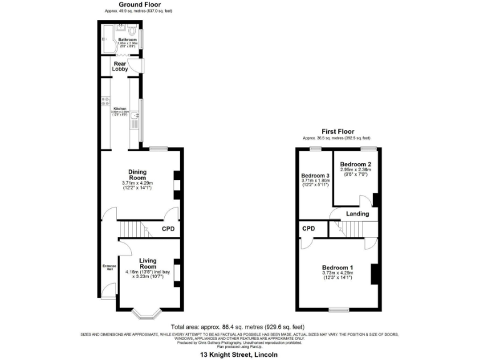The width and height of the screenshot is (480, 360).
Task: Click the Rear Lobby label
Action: [x=120, y=66]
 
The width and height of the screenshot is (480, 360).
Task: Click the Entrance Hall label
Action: [x=107, y=268]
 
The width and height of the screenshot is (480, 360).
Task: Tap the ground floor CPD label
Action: [x=167, y=229]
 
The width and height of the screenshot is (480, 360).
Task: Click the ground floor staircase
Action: [x=134, y=229]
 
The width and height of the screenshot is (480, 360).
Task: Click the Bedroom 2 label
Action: [x=355, y=164]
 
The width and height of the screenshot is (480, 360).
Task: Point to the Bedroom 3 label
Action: [x=314, y=176]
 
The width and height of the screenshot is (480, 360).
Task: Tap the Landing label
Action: [x=357, y=214]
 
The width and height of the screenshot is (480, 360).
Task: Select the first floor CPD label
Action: [x=308, y=229]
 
